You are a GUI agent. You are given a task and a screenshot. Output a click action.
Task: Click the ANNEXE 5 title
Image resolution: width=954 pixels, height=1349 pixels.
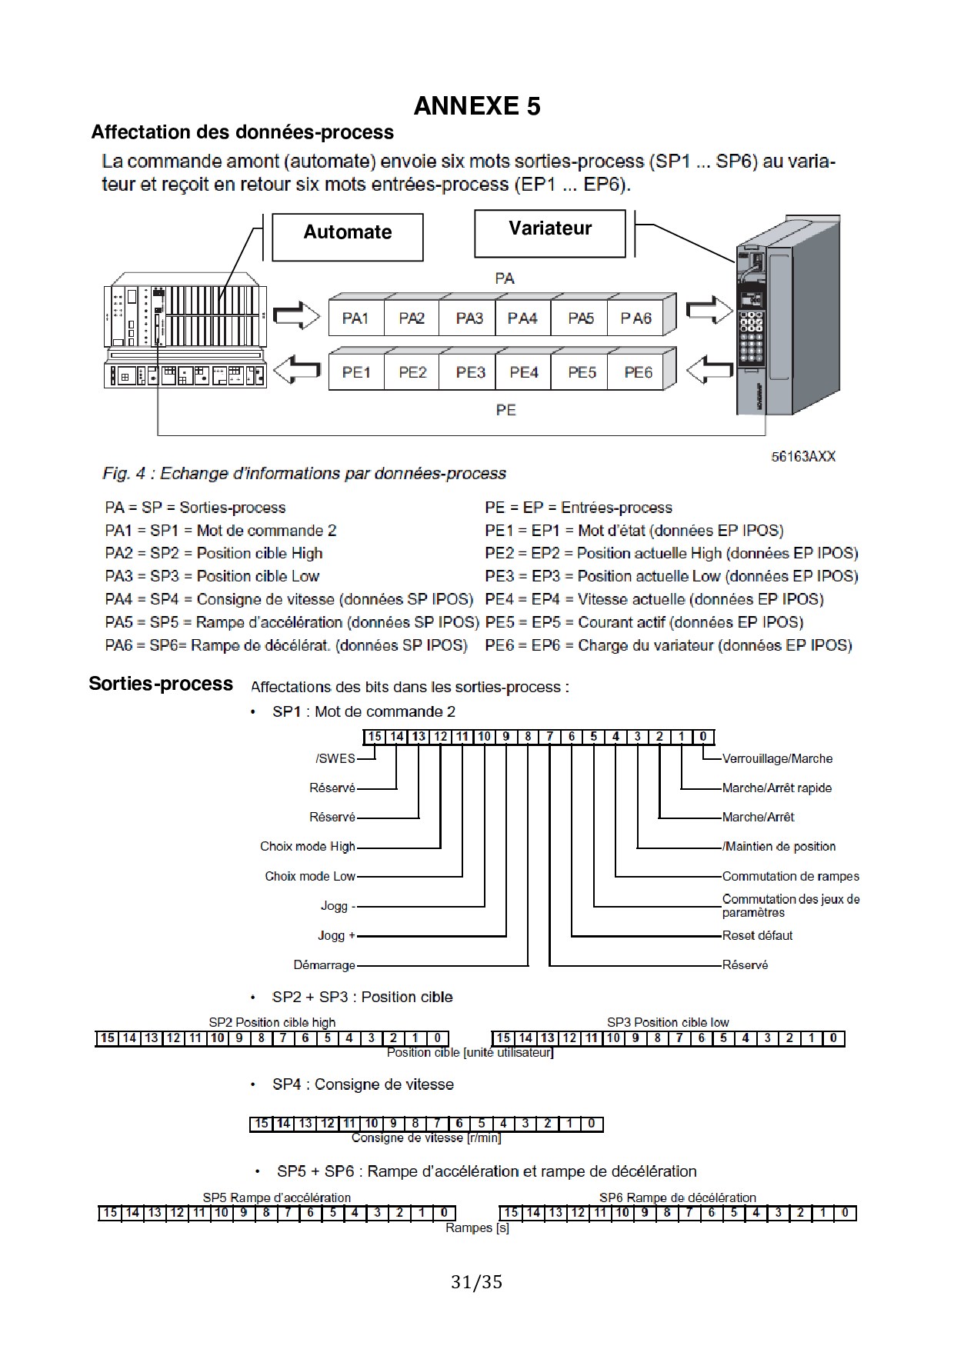click(477, 106)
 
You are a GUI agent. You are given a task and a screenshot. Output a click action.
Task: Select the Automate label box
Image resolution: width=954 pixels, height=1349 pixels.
click(348, 233)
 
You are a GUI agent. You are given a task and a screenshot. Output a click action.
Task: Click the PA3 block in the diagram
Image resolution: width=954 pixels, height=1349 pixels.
click(469, 318)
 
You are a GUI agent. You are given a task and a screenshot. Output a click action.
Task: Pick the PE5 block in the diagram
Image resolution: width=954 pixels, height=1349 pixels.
click(582, 372)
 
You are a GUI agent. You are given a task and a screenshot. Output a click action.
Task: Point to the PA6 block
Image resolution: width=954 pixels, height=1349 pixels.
click(636, 318)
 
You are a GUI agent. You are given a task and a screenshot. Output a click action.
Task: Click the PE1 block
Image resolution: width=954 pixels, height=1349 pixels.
click(356, 372)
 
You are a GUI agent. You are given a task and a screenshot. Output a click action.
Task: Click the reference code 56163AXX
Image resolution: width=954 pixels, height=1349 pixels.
click(803, 456)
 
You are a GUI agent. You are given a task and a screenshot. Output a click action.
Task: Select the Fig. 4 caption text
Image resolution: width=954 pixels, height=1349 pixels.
click(305, 474)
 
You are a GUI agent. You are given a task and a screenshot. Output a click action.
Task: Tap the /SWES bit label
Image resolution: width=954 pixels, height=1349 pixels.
click(335, 758)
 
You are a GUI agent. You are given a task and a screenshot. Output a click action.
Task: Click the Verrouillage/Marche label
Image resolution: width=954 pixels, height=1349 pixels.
click(777, 758)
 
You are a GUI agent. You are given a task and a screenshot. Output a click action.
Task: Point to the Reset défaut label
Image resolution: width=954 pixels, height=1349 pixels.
click(757, 935)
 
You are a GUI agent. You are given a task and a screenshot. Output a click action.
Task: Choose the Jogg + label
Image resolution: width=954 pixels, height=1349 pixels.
click(337, 935)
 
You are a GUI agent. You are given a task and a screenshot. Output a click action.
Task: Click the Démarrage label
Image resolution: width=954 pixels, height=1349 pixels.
click(325, 964)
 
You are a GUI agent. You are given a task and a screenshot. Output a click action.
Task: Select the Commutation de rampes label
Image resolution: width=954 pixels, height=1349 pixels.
click(790, 876)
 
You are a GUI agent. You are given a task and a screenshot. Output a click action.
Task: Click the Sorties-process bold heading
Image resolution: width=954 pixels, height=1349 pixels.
click(161, 684)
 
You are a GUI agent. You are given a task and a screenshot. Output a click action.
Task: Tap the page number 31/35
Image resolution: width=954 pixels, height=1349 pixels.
click(476, 1281)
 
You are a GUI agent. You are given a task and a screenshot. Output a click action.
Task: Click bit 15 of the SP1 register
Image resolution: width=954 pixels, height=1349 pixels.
click(375, 737)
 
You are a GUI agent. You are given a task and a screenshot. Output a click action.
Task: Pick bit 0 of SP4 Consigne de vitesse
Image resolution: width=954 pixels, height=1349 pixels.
click(592, 1124)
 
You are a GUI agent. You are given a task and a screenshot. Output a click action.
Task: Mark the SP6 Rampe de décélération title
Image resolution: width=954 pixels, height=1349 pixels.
click(677, 1197)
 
